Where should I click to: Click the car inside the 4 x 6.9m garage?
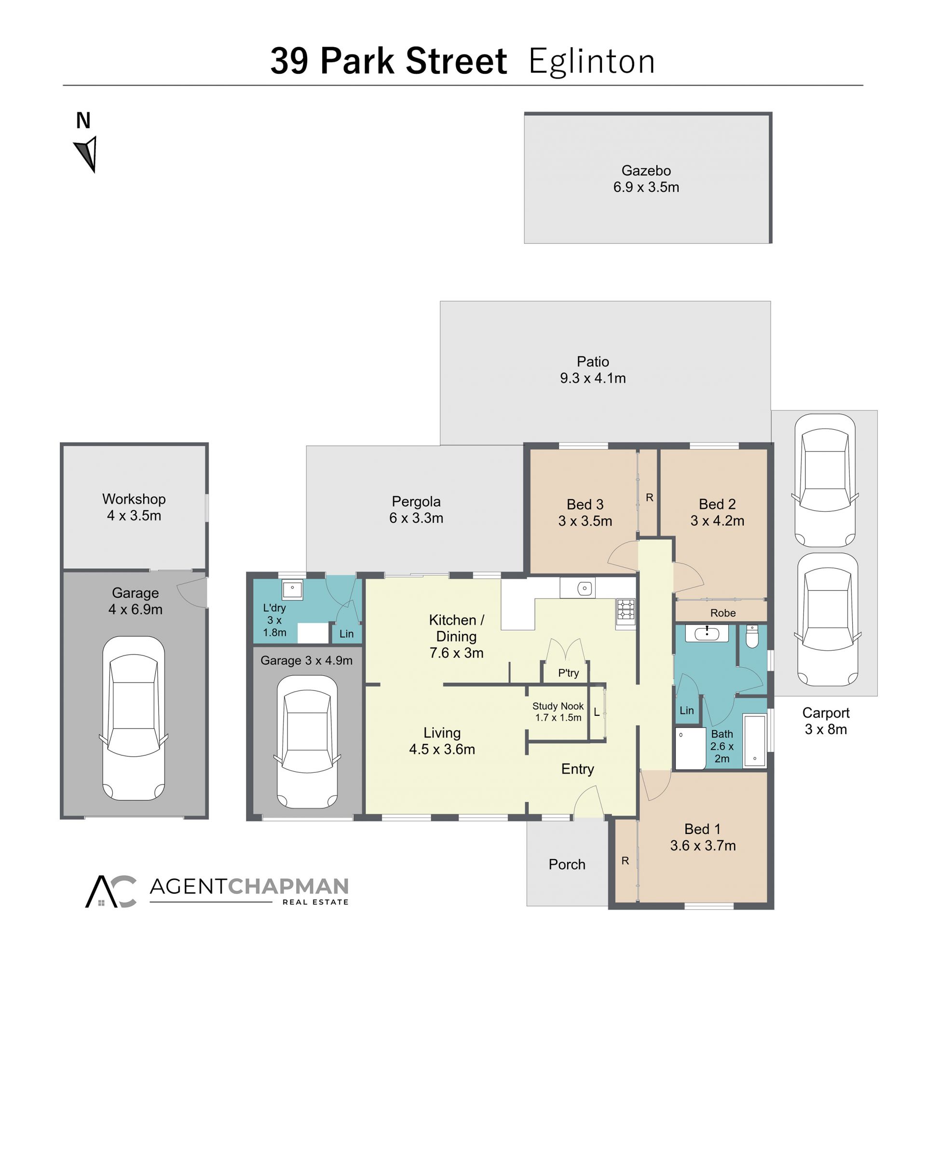[134, 718]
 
